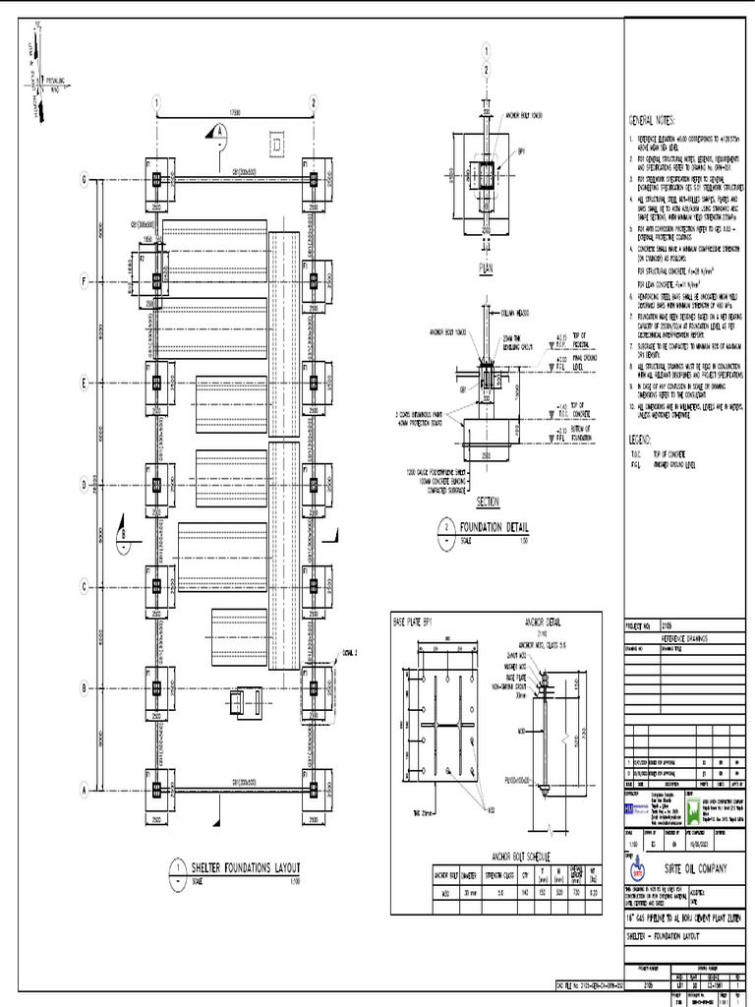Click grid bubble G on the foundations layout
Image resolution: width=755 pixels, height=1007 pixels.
85,179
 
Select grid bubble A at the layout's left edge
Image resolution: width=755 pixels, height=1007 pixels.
85,789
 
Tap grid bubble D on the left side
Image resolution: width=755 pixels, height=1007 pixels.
85,484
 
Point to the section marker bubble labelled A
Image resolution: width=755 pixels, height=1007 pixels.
220,130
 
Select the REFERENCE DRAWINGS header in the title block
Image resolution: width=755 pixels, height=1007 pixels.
683,637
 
